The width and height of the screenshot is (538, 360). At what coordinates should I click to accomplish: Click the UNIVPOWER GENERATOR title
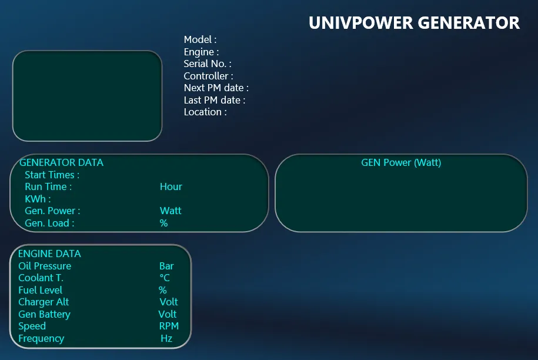tap(414, 23)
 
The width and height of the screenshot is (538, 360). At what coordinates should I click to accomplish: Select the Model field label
tap(200, 39)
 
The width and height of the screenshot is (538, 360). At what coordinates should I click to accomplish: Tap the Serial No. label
tap(208, 64)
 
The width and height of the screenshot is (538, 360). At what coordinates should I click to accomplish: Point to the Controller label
tap(208, 76)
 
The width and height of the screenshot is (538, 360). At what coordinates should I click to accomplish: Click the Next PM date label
tap(216, 88)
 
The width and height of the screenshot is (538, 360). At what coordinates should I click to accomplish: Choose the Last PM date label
tap(215, 100)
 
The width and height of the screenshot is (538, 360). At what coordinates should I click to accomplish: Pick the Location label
tap(205, 112)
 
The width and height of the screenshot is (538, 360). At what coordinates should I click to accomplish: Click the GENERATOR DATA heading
tap(61, 162)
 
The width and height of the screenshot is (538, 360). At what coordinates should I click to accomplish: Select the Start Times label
tap(52, 175)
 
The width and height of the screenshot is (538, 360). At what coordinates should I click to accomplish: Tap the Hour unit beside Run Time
tap(171, 186)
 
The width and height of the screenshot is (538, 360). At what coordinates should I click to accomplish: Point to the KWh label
tap(38, 199)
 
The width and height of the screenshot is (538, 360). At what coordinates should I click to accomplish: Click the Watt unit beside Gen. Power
tap(171, 211)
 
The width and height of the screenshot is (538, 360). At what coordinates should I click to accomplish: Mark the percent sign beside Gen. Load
tap(163, 223)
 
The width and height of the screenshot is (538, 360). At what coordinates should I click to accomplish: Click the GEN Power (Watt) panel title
tap(401, 162)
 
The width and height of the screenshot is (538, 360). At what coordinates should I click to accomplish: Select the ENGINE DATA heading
tap(49, 254)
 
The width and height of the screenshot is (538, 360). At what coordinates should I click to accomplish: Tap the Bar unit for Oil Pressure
tap(166, 266)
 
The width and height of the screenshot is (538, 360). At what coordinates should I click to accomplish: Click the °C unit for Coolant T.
tap(165, 278)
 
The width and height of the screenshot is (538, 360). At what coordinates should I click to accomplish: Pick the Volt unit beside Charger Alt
tap(169, 302)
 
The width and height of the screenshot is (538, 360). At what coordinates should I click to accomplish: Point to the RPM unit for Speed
tap(169, 326)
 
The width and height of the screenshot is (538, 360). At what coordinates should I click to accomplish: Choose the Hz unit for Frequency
tap(166, 338)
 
